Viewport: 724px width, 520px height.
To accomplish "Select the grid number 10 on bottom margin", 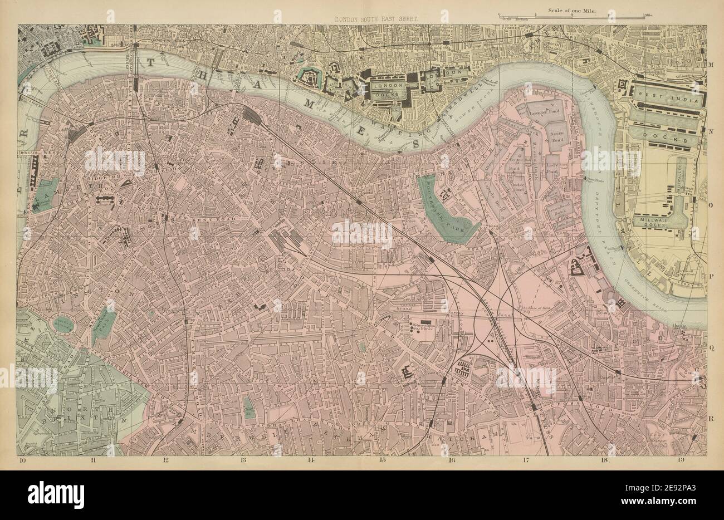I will coord(22,460).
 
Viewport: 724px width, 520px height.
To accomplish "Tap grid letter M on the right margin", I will coord(711,66).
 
